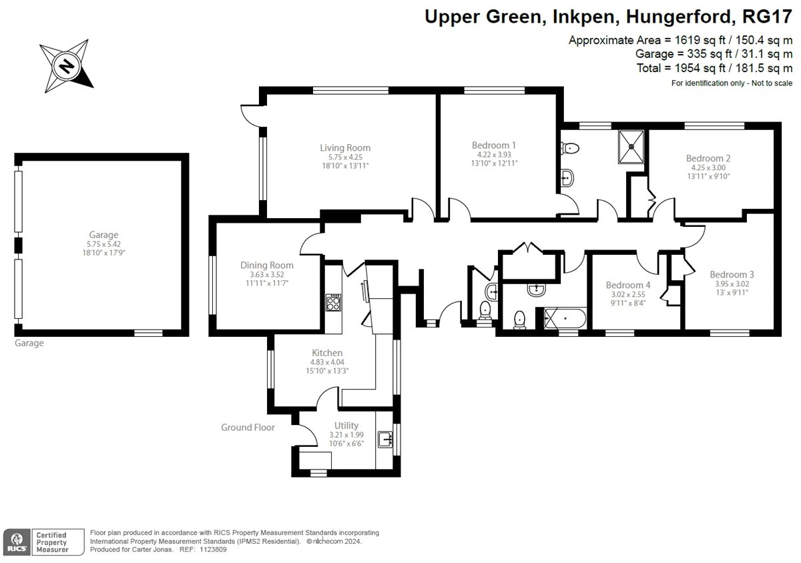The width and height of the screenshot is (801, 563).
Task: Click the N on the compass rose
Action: pyautogui.click(x=67, y=67)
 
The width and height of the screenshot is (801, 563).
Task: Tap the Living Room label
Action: pyautogui.click(x=345, y=147)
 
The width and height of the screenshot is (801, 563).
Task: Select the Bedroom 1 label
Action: pyautogui.click(x=494, y=145)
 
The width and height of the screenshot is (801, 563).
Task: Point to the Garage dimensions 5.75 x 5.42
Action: pyautogui.click(x=103, y=244)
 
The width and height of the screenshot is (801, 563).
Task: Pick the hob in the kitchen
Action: pyautogui.click(x=333, y=302)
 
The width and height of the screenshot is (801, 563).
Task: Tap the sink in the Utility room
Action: pyautogui.click(x=385, y=440)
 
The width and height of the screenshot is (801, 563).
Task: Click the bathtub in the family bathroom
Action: pyautogui.click(x=565, y=318)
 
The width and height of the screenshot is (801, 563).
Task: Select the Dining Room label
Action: pyautogui.click(x=267, y=265)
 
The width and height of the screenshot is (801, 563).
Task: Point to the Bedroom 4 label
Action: pyautogui.click(x=628, y=285)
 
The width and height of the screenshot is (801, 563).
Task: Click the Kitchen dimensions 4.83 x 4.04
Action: pyautogui.click(x=327, y=362)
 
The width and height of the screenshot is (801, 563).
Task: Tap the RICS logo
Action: pyautogui.click(x=17, y=542)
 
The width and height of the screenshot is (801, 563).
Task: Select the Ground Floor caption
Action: pyautogui.click(x=248, y=427)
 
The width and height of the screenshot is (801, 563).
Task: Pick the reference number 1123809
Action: pyautogui.click(x=213, y=550)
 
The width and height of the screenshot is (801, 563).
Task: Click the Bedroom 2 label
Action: pyautogui.click(x=708, y=158)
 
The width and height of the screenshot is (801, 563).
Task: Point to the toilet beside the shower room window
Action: pyautogui.click(x=570, y=148)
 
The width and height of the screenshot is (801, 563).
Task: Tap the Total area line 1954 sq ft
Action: pyautogui.click(x=714, y=68)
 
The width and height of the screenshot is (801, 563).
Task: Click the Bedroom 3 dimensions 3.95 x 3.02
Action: pyautogui.click(x=732, y=284)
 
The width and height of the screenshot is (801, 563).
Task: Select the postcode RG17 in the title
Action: pyautogui.click(x=767, y=17)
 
